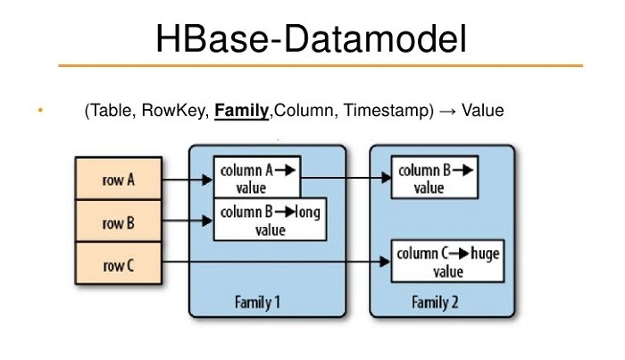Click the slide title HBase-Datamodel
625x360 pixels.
tap(311, 38)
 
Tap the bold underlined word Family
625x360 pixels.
tap(242, 111)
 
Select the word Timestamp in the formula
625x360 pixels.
tap(386, 111)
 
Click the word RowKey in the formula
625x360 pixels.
tap(175, 111)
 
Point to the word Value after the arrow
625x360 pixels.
tap(483, 111)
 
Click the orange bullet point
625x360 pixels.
tap(40, 110)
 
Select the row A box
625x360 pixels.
tap(119, 178)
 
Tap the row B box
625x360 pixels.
tap(119, 221)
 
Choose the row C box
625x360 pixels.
tap(119, 264)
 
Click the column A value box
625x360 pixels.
tap(257, 177)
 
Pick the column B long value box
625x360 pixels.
tap(271, 219)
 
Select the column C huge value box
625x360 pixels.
tap(448, 261)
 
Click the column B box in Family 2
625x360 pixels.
tap(435, 177)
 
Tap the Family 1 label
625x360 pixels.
tap(257, 302)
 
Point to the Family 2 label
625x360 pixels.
tap(435, 302)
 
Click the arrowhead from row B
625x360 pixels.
tap(207, 221)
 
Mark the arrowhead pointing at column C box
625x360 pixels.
tap(385, 262)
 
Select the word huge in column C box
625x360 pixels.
tap(485, 254)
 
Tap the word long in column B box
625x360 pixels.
tap(308, 212)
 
